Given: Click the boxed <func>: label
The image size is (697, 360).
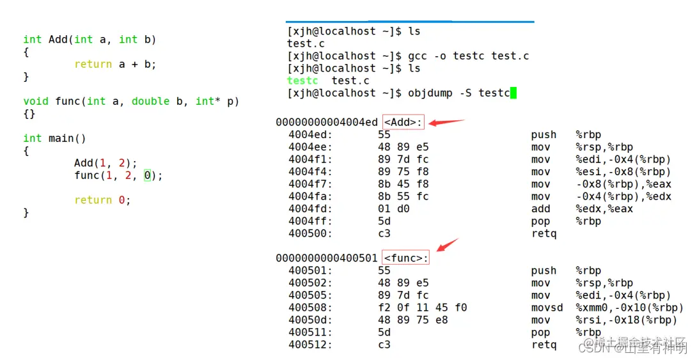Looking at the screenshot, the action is (x=405, y=258).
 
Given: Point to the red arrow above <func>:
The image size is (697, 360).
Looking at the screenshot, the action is (x=448, y=245).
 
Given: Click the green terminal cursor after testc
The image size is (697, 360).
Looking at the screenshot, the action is (x=513, y=93).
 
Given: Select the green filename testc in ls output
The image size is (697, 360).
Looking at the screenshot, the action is (x=302, y=81).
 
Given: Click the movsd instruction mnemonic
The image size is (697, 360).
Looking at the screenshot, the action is (x=547, y=308).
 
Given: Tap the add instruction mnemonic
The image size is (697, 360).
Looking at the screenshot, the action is (x=540, y=208).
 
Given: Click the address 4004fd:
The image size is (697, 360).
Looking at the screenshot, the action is (x=310, y=208).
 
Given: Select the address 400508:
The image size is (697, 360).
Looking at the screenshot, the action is (x=310, y=308).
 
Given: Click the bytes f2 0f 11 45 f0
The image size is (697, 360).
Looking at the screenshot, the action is (x=422, y=308).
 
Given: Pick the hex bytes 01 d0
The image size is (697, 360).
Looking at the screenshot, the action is (x=393, y=208).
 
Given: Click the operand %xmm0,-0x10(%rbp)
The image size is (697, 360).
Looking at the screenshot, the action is (x=629, y=308).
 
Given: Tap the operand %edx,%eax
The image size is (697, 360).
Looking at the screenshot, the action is (x=604, y=208).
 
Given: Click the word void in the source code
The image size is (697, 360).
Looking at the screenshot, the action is (x=36, y=101).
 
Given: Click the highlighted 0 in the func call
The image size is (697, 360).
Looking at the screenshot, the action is (x=147, y=175).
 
